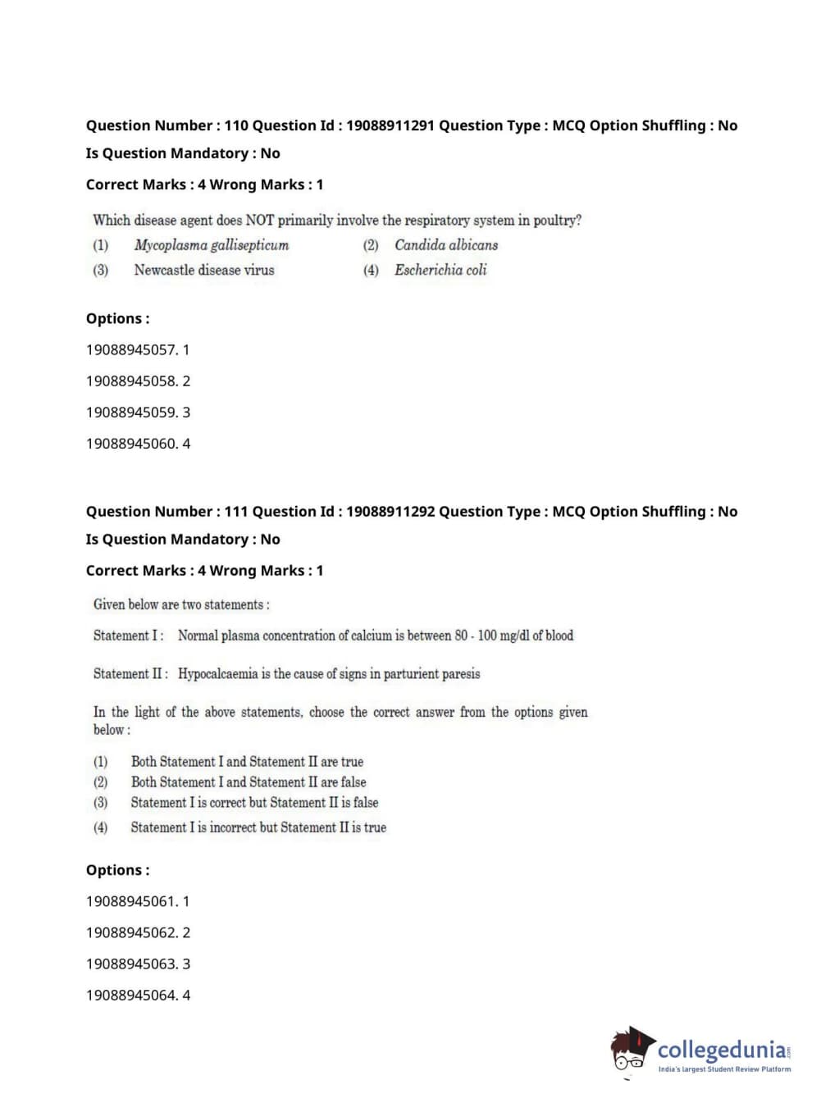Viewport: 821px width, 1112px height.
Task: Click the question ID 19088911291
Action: point(390,125)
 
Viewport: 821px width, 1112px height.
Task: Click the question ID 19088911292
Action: point(390,512)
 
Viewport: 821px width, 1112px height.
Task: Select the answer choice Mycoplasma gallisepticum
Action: point(212,245)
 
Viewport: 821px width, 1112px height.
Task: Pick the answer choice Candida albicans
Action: point(446,245)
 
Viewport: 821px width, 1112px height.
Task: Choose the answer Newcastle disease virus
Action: point(204,270)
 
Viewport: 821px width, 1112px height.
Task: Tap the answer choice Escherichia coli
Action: point(440,270)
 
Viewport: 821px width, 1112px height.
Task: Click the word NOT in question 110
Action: point(260,221)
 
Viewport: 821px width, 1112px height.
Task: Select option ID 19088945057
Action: point(131,350)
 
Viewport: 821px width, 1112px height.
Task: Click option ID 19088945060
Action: point(131,444)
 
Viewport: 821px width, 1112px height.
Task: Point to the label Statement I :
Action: point(128,636)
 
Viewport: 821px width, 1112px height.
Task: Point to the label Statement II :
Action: point(130,674)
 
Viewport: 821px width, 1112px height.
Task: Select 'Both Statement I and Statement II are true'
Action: point(247,762)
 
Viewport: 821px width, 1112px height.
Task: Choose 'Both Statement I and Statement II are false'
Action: point(249,782)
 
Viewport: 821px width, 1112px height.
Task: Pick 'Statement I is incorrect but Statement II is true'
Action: point(258,827)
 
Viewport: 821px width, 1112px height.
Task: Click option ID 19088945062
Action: point(131,933)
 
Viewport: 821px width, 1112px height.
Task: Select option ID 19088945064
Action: point(131,996)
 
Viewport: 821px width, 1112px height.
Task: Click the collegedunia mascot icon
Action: point(632,1050)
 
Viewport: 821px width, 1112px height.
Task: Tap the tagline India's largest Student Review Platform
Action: point(724,1069)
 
